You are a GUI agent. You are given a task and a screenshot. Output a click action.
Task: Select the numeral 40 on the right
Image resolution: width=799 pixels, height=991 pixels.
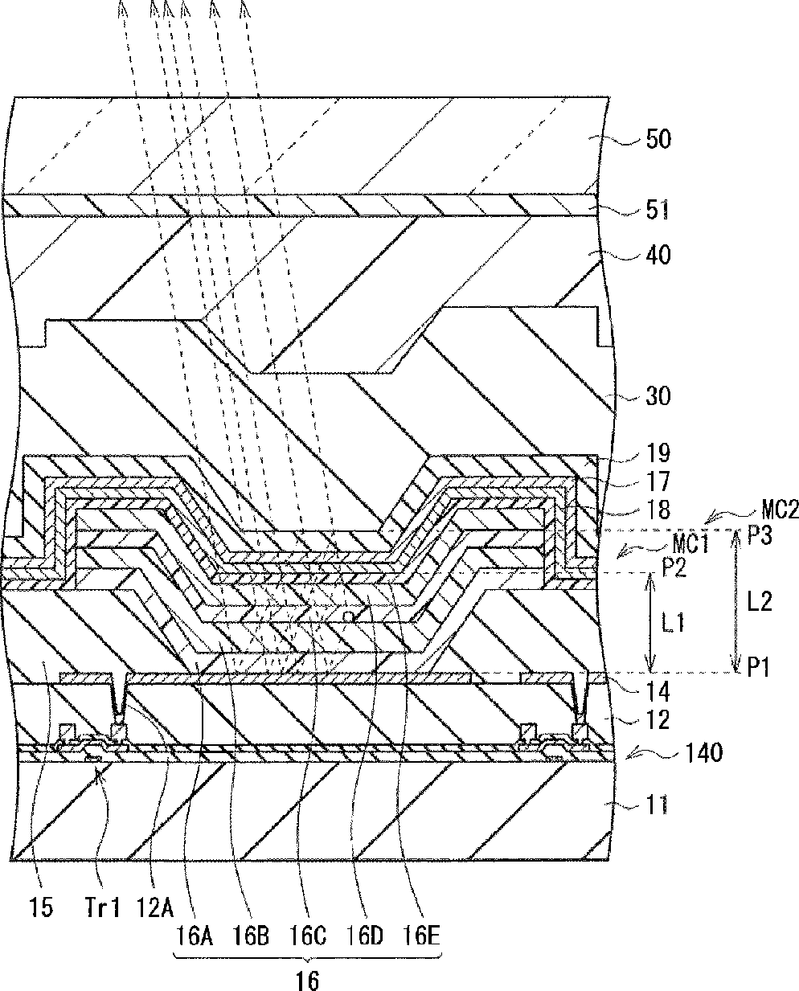[658, 256]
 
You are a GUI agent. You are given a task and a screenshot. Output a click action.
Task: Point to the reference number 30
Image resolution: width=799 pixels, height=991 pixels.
[658, 396]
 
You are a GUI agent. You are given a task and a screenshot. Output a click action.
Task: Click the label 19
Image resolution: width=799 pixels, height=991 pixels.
[658, 453]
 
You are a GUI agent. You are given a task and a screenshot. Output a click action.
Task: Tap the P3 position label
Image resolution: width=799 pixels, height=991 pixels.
[759, 537]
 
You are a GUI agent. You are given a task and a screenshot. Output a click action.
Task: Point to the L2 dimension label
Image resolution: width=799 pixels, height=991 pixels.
[759, 600]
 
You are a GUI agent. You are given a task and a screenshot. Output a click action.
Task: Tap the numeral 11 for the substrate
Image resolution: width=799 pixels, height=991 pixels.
[658, 805]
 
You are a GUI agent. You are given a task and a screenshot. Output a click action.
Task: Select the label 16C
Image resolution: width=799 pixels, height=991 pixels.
[307, 936]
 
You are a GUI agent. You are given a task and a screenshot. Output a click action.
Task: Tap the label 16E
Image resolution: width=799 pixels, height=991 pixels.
[422, 936]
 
